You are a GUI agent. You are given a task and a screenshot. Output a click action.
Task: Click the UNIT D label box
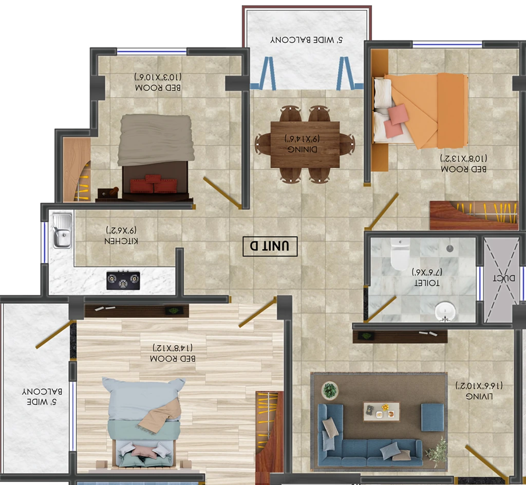coord(270,247)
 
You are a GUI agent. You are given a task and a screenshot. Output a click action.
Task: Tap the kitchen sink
coord(62,231)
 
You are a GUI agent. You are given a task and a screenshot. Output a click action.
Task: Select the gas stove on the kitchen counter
coord(123,281)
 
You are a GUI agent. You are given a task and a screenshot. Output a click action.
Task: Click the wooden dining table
coord(305,144)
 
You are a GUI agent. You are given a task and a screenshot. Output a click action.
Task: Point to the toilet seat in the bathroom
coord(400,255)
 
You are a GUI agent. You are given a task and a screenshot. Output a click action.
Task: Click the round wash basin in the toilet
coord(445,311)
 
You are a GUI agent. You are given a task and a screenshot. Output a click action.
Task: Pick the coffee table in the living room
coord(382,412)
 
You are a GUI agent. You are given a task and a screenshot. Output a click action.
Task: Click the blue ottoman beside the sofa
coord(433,417)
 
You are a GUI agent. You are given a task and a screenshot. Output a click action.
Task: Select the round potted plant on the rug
coord(330,390)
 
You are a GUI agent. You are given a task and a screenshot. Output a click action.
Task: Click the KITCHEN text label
coord(121,241)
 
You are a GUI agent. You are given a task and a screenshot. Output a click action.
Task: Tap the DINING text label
coord(302,149)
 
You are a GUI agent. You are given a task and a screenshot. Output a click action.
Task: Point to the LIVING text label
coord(479,396)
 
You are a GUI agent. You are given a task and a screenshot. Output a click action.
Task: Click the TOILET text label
coord(427,283)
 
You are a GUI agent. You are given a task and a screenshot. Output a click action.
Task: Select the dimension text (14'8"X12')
coord(173,347)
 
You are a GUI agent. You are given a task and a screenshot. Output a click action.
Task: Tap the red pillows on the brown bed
coord(154,184)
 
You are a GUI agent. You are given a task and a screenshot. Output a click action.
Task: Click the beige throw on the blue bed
coord(160,415)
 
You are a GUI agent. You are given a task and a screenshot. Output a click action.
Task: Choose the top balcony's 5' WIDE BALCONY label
coord(307,40)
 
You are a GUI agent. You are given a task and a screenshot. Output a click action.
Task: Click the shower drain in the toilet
coord(450,249)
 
